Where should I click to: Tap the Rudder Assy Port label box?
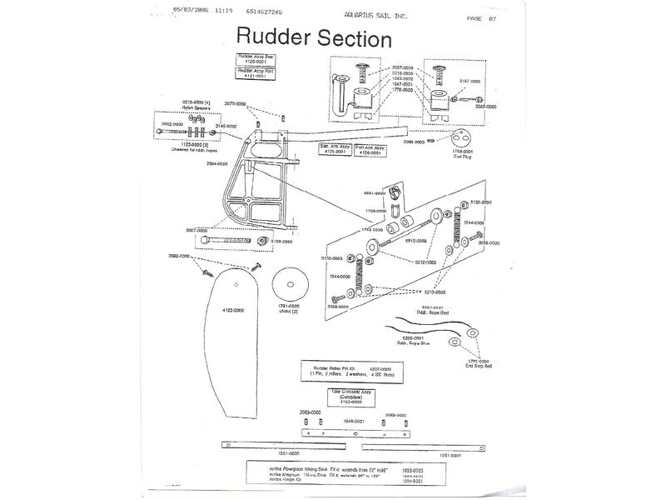click(x=257, y=73)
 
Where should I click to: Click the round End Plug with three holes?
click(x=461, y=137)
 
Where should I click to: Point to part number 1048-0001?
click(x=355, y=422)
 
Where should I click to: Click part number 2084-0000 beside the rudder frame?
click(x=217, y=164)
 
